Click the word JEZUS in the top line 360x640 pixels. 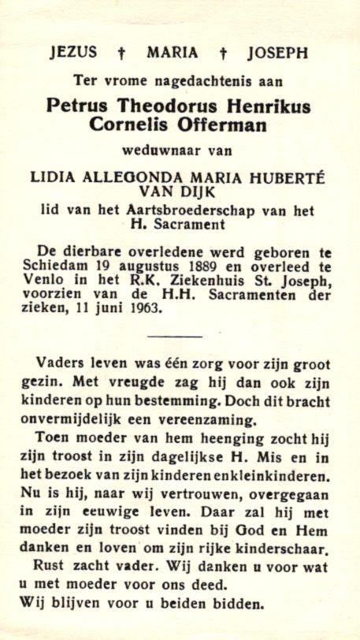(x=73, y=53)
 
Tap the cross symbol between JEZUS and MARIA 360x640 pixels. (x=122, y=54)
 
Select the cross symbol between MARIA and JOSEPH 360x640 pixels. (x=223, y=54)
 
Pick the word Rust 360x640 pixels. (x=50, y=566)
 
